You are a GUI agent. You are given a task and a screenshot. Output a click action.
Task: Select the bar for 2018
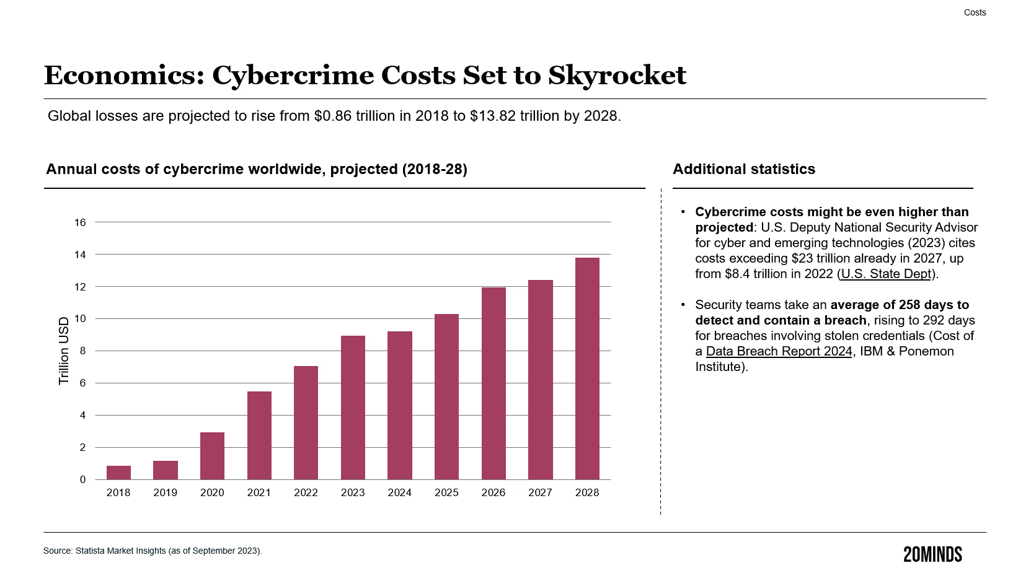118,473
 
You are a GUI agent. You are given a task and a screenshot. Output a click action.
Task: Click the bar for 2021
259,435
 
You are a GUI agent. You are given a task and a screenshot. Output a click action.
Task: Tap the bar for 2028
587,369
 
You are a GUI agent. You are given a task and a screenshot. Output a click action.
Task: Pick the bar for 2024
400,406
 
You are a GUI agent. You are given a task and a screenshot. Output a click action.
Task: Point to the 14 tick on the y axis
80,255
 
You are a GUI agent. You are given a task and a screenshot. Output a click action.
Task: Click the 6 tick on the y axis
82,383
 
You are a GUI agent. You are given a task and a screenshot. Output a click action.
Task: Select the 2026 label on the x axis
493,492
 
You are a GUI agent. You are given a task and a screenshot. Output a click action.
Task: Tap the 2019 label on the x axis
166,492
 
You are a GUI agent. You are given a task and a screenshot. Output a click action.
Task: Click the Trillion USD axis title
64,351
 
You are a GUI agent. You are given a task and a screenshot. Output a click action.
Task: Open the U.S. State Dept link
886,274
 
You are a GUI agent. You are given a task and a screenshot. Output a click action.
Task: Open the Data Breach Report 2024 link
779,351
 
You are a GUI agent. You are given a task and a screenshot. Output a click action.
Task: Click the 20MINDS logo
932,554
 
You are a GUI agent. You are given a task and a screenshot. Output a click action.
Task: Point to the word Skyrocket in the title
617,76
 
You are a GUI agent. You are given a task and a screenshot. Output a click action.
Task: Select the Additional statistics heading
744,169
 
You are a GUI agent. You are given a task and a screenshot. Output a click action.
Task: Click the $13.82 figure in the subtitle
493,116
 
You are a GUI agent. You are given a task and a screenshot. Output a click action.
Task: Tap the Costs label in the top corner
975,12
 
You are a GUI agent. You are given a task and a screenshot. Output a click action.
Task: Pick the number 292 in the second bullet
933,320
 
